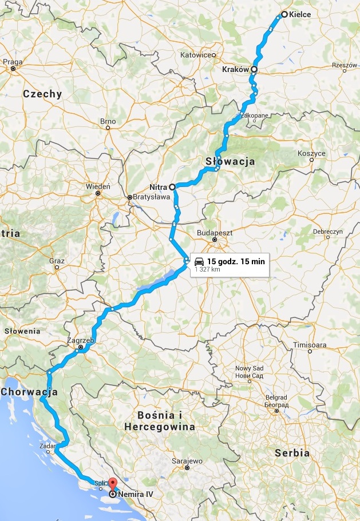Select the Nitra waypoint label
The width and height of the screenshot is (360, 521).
point(158,186)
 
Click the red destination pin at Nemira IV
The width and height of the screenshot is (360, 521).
point(112,484)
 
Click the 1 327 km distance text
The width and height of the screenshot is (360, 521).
point(208,269)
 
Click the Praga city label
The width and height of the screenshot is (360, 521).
point(13,62)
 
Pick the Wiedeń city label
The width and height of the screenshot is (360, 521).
point(97,186)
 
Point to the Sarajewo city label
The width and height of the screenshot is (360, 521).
point(187,460)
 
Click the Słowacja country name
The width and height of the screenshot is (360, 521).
point(230,162)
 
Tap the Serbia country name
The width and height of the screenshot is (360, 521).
point(292,452)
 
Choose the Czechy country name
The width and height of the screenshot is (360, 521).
point(42,94)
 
